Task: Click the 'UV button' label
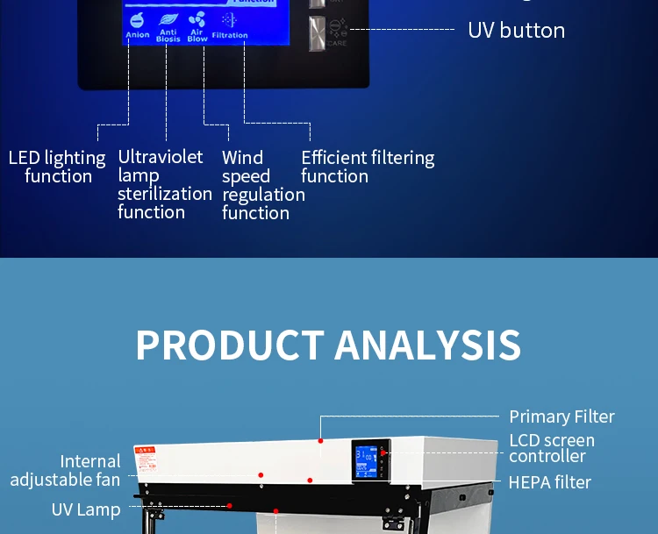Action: coord(516,31)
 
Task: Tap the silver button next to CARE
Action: coord(318,32)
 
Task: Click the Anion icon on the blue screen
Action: coord(138,21)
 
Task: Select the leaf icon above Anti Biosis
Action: coord(168,19)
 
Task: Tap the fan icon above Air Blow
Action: coord(197,19)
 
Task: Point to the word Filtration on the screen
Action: coord(230,36)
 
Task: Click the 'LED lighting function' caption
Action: coord(58,167)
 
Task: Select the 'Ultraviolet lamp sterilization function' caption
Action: coord(164,184)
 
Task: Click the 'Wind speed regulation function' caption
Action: coord(262,184)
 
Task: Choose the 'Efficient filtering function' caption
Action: coord(367,167)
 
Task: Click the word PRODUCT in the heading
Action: coord(230,345)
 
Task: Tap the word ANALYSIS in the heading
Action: coord(428,345)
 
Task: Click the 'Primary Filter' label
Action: coord(561,417)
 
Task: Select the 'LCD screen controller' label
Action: coord(551,448)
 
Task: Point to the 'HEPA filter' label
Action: coord(549,482)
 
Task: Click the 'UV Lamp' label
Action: coord(86,509)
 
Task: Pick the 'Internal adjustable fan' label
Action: coord(66,470)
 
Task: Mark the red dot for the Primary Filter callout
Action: coord(321,440)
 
